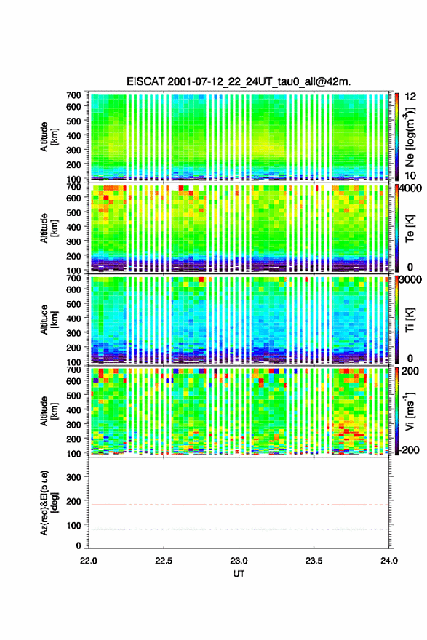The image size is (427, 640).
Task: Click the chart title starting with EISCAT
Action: click(x=239, y=81)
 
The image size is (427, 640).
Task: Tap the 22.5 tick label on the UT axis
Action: click(x=163, y=561)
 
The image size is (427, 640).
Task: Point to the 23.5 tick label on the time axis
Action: click(x=314, y=561)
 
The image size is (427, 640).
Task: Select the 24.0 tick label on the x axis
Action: click(x=388, y=561)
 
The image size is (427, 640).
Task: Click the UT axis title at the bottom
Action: click(x=239, y=574)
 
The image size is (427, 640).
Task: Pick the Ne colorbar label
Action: click(x=410, y=137)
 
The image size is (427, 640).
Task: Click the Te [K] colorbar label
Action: click(x=410, y=228)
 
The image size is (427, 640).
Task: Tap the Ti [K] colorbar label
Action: click(x=410, y=320)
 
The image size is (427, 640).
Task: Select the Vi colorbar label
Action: click(x=410, y=412)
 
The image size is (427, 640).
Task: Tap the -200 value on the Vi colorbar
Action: click(x=409, y=449)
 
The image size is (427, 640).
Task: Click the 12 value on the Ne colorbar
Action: click(x=410, y=97)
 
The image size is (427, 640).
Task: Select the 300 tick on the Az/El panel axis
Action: click(x=74, y=477)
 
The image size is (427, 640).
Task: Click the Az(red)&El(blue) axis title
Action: click(x=49, y=503)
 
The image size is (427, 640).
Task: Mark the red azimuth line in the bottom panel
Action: click(x=239, y=505)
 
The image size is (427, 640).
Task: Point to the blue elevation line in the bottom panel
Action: click(x=239, y=529)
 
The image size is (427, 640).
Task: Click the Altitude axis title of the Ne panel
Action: click(x=49, y=137)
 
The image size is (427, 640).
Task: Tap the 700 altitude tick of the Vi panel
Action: click(x=74, y=369)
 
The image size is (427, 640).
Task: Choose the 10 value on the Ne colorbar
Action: click(x=410, y=175)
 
